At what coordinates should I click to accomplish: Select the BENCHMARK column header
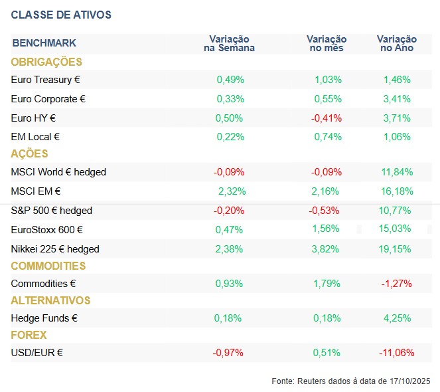pos(44,43)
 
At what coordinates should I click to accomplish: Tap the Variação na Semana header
pos(230,43)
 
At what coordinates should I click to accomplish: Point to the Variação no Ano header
pos(397,43)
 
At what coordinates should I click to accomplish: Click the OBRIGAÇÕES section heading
pos(46,62)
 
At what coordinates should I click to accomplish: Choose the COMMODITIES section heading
pos(48,266)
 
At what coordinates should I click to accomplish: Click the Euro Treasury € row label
pos(46,80)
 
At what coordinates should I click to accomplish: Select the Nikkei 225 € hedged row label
pos(55,249)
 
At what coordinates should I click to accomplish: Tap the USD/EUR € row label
pos(37,352)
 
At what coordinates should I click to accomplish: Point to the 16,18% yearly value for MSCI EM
pos(397,191)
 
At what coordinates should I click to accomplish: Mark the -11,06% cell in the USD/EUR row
pos(396,352)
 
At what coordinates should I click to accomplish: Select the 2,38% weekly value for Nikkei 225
pos(230,249)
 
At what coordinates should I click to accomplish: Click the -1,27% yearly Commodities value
pos(397,284)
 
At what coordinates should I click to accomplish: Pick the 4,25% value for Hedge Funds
pos(397,318)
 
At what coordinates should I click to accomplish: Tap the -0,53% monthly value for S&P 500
pos(325,211)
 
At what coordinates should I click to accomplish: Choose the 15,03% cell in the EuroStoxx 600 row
pos(397,230)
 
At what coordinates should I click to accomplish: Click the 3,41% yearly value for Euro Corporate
pos(397,99)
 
